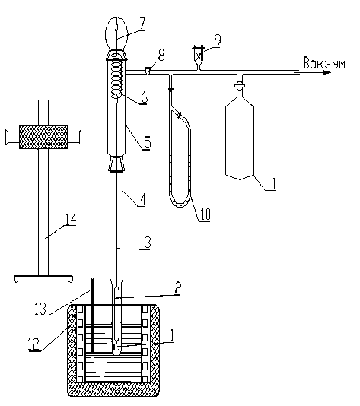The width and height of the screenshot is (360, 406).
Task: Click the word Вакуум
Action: (x=324, y=63)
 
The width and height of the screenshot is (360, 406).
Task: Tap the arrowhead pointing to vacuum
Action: (x=327, y=72)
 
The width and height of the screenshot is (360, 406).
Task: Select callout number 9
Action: (x=218, y=40)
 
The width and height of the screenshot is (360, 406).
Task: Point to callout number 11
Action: (x=272, y=183)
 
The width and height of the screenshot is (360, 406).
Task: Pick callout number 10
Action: (x=205, y=214)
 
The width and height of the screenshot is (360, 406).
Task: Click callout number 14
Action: (x=71, y=220)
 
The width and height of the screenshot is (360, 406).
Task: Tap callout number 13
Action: (x=40, y=309)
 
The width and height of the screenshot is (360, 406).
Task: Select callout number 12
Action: (x=33, y=344)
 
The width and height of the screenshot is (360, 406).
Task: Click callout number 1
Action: (x=171, y=336)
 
